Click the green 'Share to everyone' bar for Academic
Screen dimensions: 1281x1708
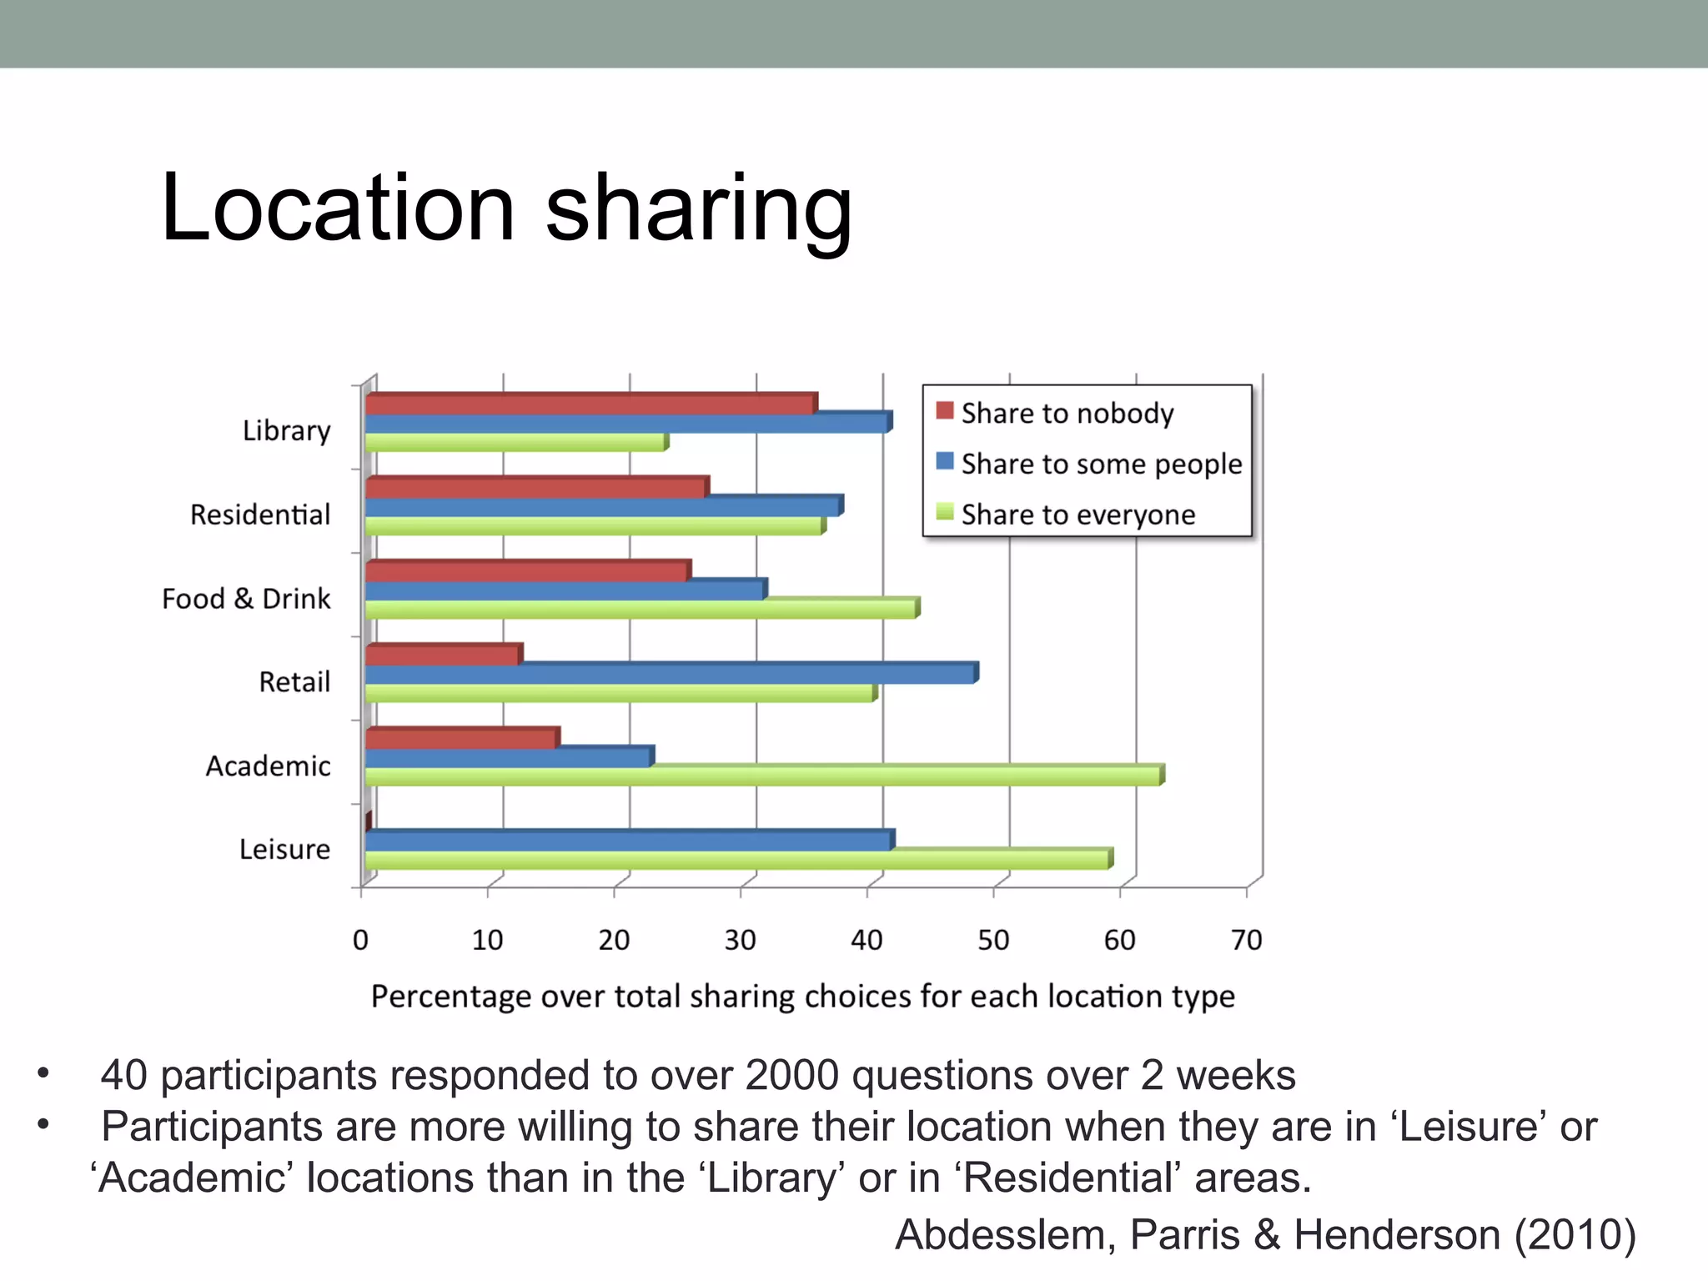(x=763, y=776)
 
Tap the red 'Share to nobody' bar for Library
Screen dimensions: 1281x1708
(x=590, y=404)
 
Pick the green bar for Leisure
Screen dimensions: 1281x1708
(x=737, y=859)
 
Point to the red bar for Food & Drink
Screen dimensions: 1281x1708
(x=527, y=571)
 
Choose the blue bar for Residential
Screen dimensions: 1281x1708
(x=603, y=506)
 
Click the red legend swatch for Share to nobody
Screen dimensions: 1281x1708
(x=944, y=411)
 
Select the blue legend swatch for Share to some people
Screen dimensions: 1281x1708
(x=944, y=461)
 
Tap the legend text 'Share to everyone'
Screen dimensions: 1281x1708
(x=1078, y=515)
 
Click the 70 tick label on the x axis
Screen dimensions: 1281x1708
(x=1246, y=940)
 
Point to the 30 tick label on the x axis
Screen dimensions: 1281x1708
(x=740, y=940)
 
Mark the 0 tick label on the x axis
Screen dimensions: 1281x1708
(x=360, y=940)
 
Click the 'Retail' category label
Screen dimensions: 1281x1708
(x=294, y=682)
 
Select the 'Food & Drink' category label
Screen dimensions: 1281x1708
(x=246, y=599)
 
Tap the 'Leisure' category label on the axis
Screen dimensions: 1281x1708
(x=284, y=849)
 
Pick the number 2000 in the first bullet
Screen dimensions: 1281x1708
(x=791, y=1075)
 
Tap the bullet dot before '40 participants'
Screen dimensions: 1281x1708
(x=43, y=1073)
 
